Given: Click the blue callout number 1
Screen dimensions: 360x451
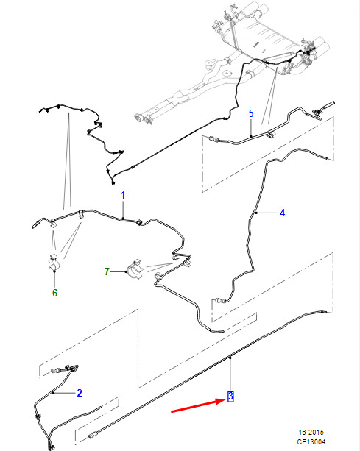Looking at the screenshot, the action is (x=123, y=195).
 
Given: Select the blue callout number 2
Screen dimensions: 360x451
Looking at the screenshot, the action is (x=80, y=393).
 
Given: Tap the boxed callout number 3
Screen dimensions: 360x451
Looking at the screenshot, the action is (x=230, y=397).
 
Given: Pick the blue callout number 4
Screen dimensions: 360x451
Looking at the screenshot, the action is (x=282, y=213).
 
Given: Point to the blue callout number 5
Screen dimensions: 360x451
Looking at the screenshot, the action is (x=251, y=113).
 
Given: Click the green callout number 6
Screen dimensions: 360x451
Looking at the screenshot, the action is (x=54, y=293).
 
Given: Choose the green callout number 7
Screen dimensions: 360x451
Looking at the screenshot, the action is (x=107, y=271).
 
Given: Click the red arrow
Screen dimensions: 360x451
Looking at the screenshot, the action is (x=199, y=405).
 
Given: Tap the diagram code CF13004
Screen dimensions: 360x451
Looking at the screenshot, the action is (x=311, y=441).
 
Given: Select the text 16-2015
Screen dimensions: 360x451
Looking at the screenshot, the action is (x=311, y=433).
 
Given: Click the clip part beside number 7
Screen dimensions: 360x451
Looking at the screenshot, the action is (x=135, y=269).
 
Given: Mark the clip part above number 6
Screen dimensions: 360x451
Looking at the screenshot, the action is (x=54, y=262).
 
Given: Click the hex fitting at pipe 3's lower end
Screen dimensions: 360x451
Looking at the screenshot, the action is (x=93, y=436).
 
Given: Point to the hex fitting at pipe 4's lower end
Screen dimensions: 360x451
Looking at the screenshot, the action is (x=220, y=301).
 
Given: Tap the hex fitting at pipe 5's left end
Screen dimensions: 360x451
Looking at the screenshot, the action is (x=213, y=139).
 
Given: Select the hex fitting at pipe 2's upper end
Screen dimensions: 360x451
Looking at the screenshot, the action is (x=55, y=371).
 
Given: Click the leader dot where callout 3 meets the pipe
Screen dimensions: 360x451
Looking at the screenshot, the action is (x=230, y=358).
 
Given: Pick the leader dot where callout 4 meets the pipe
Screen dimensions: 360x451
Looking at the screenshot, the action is (x=256, y=213).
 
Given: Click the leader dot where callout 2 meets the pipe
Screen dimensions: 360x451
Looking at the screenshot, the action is (x=53, y=393).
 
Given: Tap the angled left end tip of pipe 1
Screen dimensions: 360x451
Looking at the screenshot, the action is (x=33, y=227).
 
